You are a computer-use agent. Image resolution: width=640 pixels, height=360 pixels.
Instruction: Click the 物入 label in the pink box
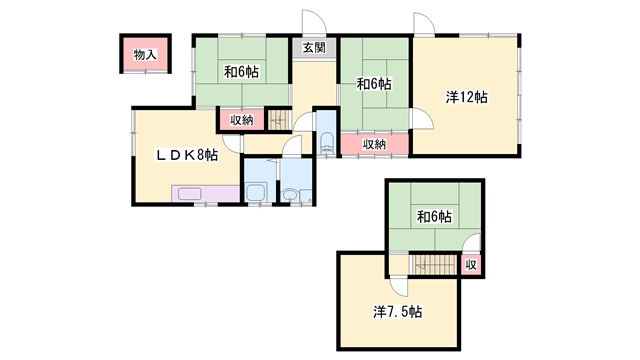[x=145, y=54]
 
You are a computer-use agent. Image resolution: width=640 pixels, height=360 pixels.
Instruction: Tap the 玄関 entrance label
[x=314, y=47]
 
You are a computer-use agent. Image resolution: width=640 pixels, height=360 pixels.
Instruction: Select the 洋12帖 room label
[x=466, y=97]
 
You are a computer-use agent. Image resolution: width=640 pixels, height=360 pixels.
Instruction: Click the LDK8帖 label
[x=187, y=155]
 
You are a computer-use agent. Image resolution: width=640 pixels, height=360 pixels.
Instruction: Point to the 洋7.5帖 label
[x=398, y=312]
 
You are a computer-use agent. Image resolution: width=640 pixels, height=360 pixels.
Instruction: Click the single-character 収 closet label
[x=471, y=265]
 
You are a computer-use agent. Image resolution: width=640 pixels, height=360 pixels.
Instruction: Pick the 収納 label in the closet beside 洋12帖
[x=375, y=144]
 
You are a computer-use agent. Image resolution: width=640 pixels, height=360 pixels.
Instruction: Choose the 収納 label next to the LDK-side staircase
[x=242, y=120]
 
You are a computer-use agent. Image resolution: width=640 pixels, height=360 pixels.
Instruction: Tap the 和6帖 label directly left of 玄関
[x=241, y=72]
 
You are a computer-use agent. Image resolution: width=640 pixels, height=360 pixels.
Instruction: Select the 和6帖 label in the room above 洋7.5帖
[x=434, y=216]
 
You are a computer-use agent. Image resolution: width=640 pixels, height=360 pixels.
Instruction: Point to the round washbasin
[x=290, y=195]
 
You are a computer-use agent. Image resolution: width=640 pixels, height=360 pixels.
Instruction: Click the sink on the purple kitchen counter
[x=189, y=193]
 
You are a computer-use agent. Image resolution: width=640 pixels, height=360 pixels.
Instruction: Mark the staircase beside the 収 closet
[x=434, y=264]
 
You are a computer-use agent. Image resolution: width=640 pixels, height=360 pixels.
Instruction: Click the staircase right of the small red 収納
[x=278, y=120]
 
